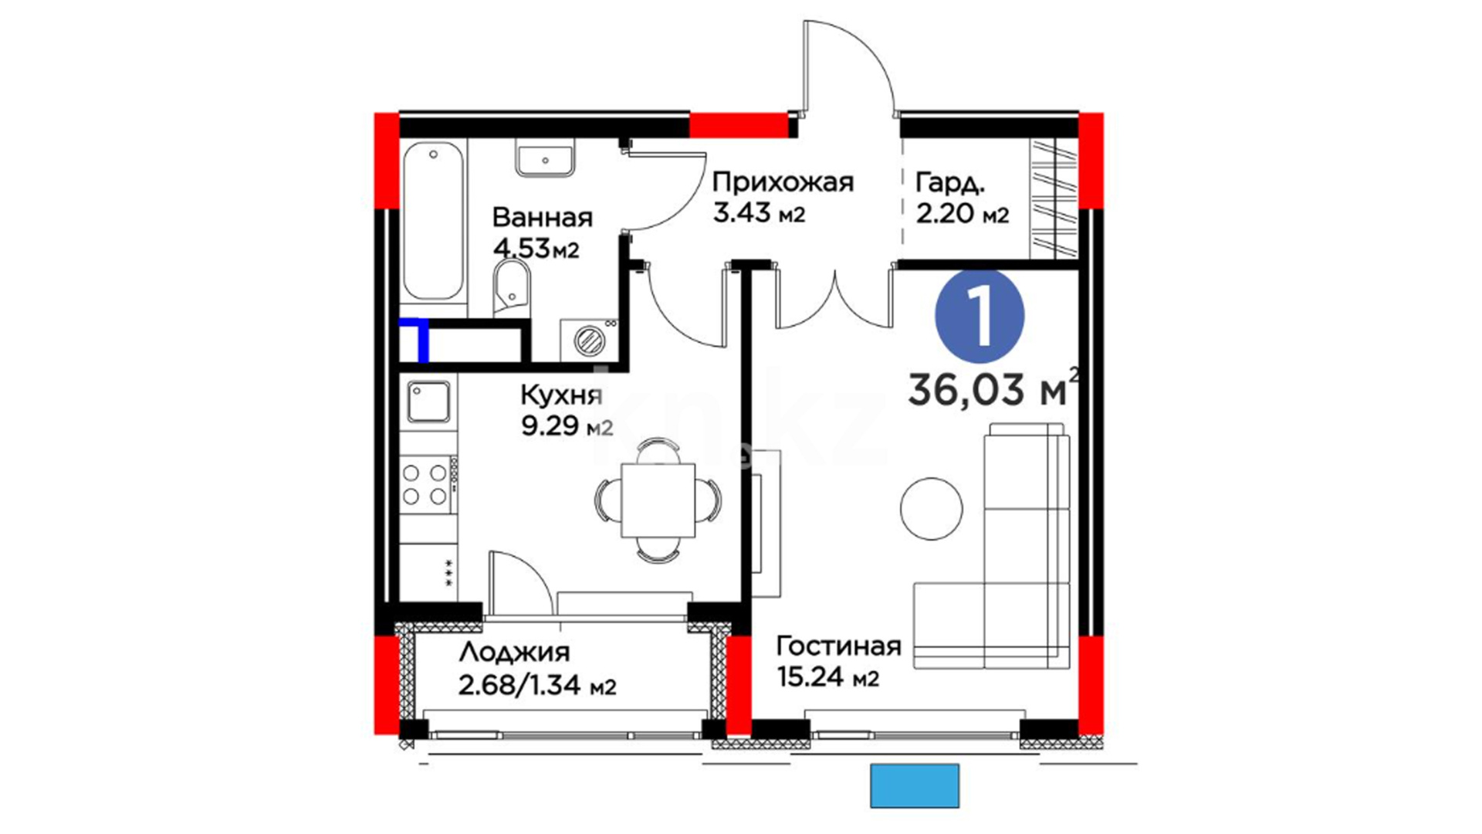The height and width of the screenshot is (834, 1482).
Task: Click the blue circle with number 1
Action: [x=980, y=316]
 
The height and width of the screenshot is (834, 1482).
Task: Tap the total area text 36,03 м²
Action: [x=993, y=388]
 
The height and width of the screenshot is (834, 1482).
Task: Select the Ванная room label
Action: [x=543, y=218]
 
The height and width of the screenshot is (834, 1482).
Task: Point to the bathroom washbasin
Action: [x=545, y=159]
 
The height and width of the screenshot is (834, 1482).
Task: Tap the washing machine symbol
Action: [x=589, y=339]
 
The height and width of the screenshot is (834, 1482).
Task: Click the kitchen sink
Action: [x=428, y=402]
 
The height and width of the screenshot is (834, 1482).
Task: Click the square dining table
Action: [x=658, y=500]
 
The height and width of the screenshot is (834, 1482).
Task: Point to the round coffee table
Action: [x=932, y=509]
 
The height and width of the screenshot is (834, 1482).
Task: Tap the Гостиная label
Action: [x=838, y=646]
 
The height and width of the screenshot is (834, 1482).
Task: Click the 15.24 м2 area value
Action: [x=827, y=678]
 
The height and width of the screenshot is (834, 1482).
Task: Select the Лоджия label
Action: [x=514, y=653]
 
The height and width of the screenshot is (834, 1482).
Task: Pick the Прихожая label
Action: [x=783, y=183]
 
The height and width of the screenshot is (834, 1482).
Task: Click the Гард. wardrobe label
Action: [x=950, y=184]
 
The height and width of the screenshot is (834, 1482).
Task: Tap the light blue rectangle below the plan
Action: [x=915, y=786]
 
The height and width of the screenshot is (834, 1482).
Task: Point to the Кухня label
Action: [x=561, y=396]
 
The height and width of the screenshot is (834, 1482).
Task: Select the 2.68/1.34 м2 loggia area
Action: [x=537, y=685]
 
